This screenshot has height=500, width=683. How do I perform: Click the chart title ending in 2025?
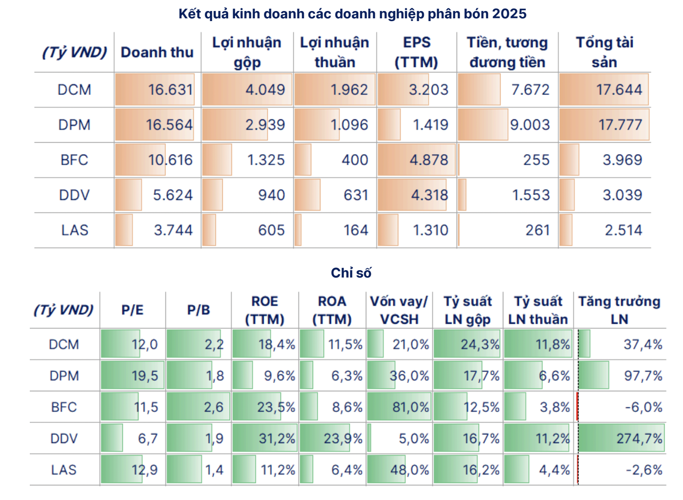pos(352,14)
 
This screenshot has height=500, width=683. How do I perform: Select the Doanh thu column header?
pos(157,52)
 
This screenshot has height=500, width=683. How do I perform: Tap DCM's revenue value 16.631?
pos(170,89)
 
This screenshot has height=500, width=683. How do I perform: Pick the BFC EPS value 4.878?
pos(429,160)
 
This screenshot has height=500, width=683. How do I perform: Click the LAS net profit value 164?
pos(356,230)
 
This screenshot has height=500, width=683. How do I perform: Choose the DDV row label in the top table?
pos(74,195)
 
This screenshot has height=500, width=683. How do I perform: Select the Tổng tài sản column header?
pos(604,52)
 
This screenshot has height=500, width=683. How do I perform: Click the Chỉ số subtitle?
pos(351,273)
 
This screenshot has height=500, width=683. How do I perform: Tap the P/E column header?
pos(132,310)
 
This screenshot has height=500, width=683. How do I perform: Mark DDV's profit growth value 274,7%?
pos(639,439)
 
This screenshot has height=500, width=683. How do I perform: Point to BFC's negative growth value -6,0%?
pos(644,407)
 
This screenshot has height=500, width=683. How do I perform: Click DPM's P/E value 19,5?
pos(144,376)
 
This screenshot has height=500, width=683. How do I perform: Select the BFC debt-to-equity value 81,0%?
pos(410,407)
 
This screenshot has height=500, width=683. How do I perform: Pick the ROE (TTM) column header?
pos(264,310)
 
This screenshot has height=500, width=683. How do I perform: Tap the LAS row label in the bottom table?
pos(64,470)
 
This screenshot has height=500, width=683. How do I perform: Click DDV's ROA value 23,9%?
pos(343,439)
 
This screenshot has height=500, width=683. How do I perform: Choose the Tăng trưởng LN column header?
pos(619,310)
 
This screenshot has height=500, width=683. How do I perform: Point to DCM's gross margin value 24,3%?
pos(479,344)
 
